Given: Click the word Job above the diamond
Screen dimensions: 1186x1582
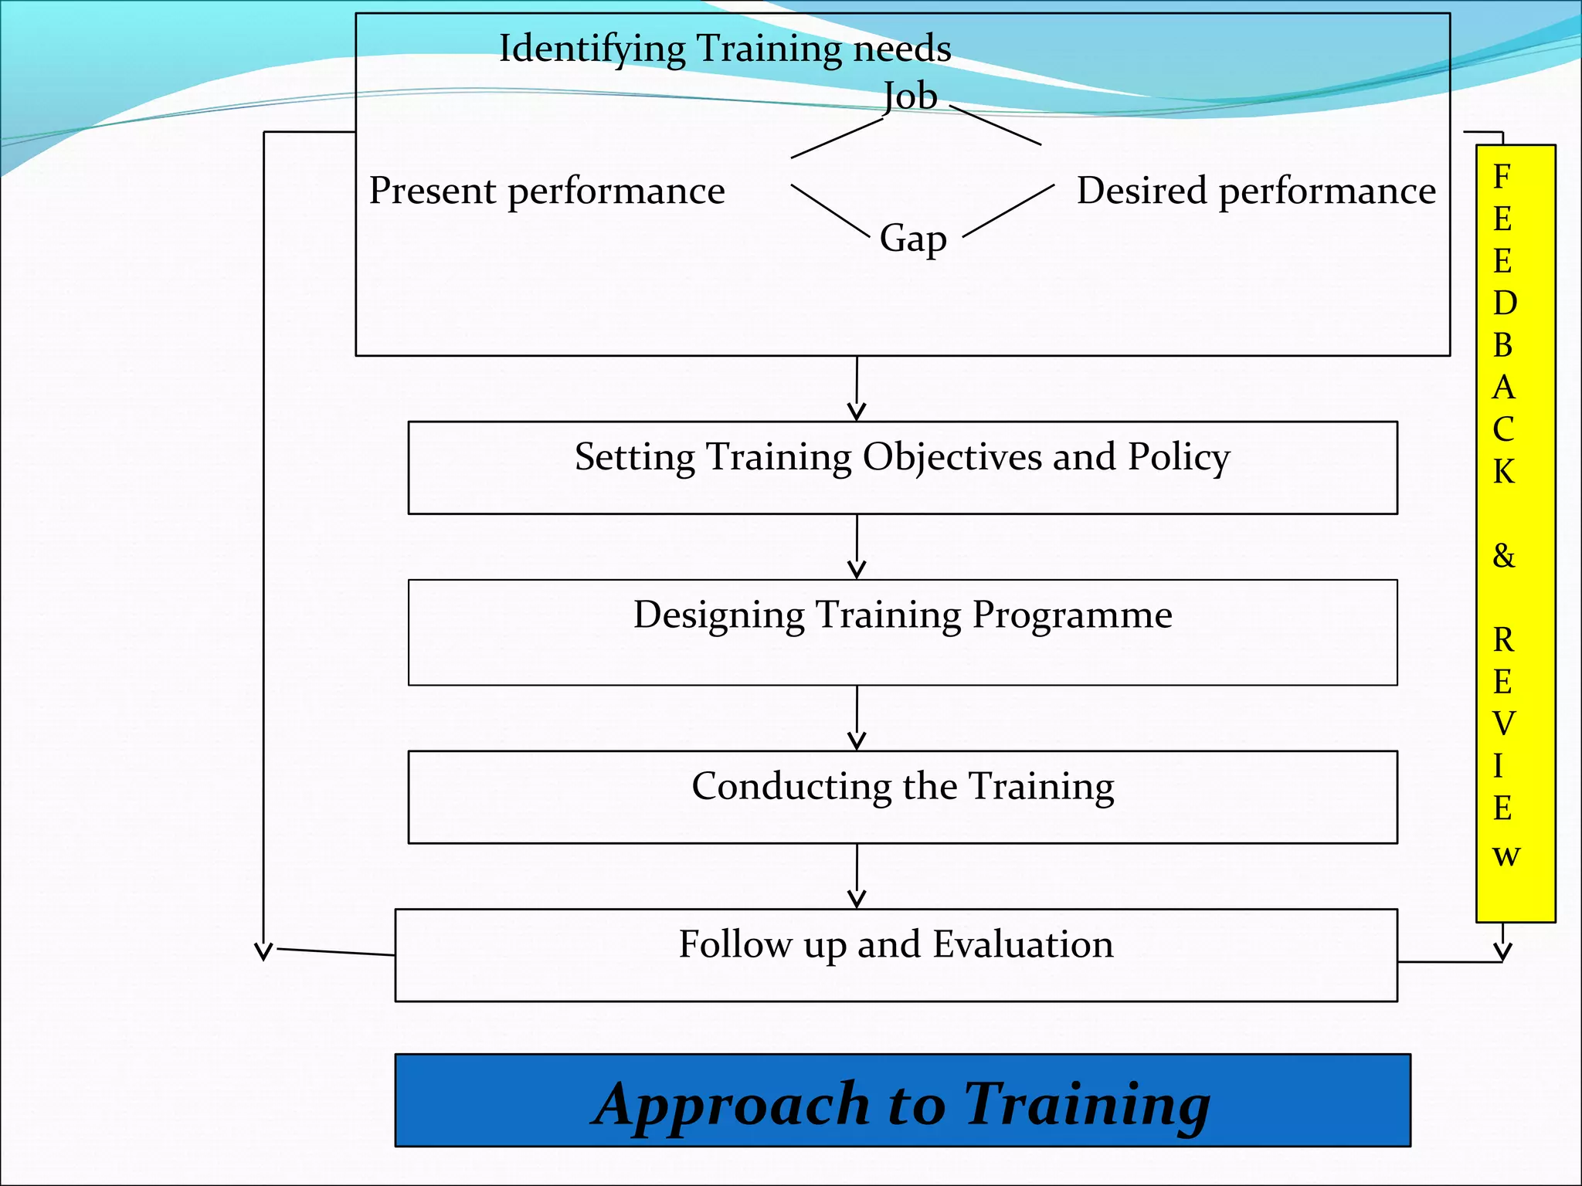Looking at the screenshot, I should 910,97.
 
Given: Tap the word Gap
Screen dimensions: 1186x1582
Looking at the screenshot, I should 913,238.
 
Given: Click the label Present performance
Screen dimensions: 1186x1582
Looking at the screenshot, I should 547,191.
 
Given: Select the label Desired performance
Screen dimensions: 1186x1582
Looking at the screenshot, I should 1256,191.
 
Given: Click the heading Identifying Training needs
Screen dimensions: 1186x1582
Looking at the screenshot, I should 725,48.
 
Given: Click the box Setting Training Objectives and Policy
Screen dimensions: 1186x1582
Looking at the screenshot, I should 902,467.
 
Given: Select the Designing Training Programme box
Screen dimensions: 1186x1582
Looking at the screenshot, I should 902,632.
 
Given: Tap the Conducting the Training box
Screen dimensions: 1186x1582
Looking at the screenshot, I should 902,796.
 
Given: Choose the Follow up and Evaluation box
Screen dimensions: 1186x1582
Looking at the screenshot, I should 896,954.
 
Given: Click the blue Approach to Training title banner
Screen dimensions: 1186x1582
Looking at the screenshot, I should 902,1100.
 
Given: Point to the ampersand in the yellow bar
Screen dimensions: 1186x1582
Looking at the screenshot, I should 1503,555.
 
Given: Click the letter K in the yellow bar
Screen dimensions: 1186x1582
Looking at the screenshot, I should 1503,471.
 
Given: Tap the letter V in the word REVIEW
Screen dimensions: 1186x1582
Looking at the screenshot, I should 1503,723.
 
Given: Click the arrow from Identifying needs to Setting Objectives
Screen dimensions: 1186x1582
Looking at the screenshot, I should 857,390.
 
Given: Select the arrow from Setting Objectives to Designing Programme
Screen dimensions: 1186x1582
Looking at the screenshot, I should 857,547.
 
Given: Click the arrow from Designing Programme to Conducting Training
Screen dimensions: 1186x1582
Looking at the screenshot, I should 857,719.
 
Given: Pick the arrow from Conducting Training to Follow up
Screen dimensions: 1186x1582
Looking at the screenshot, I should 857,877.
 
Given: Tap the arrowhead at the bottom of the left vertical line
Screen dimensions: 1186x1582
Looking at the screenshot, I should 263,950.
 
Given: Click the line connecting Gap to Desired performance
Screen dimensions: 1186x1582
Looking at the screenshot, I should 1009,210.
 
